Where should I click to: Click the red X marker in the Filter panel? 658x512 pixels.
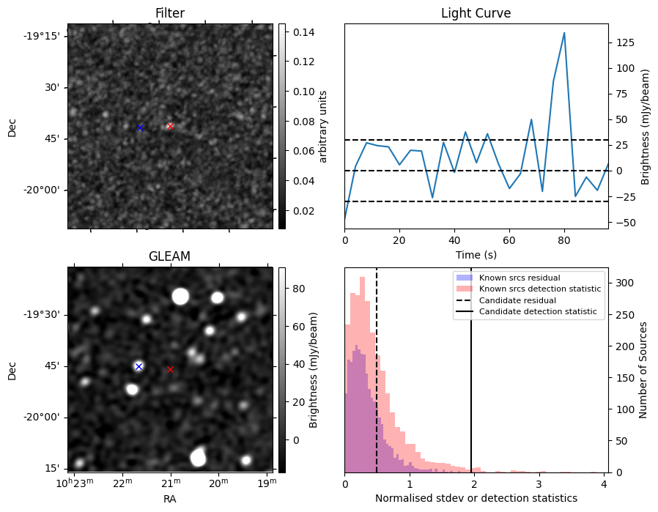point(170,126)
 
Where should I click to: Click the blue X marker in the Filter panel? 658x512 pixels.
point(140,127)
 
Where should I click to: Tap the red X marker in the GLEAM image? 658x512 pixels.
point(171,370)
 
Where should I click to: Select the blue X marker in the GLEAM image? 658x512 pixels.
point(138,366)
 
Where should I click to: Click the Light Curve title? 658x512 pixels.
point(476,13)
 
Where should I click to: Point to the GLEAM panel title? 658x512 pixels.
point(169,256)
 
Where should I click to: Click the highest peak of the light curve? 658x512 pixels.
point(564,33)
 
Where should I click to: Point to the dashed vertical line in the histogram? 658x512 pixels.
point(377,381)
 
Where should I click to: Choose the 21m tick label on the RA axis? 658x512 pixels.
point(170,484)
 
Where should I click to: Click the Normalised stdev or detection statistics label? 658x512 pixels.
point(476,498)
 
